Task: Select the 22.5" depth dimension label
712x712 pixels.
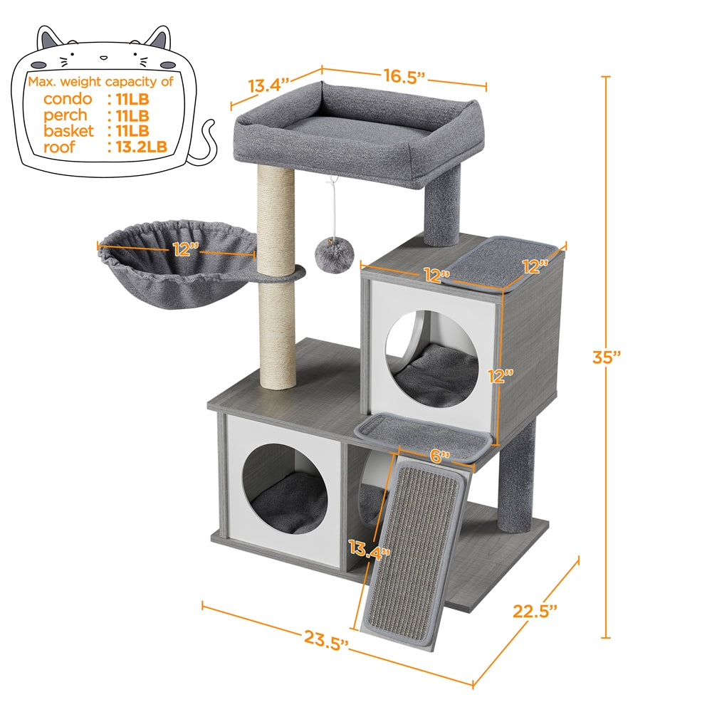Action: pyautogui.click(x=535, y=610)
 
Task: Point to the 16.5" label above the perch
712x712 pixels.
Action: pyautogui.click(x=404, y=75)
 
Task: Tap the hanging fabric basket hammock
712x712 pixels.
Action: pyautogui.click(x=174, y=271)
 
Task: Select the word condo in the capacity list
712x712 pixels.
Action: pyautogui.click(x=67, y=99)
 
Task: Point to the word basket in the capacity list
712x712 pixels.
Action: pyautogui.click(x=68, y=132)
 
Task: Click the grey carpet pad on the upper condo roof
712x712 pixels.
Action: pyautogui.click(x=507, y=263)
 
